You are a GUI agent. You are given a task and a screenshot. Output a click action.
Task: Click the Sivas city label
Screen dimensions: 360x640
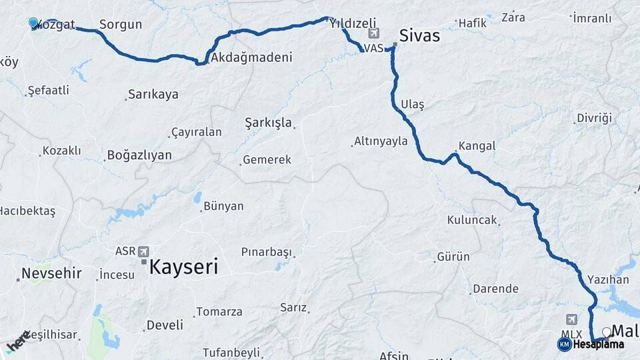(x=419, y=35)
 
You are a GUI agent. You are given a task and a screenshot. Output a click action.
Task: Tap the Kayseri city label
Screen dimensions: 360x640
(x=183, y=267)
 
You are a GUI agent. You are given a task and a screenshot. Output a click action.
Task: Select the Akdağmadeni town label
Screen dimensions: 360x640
(x=251, y=58)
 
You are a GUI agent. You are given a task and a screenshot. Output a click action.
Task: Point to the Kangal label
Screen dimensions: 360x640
(x=477, y=145)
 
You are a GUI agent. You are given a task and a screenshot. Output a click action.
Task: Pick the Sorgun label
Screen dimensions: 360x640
(x=121, y=25)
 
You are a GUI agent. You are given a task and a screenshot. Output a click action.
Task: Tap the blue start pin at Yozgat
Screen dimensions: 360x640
(x=33, y=23)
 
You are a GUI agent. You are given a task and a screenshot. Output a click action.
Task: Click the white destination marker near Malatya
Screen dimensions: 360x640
(x=606, y=331)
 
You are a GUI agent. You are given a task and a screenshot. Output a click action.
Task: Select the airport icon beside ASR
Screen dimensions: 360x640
(x=143, y=251)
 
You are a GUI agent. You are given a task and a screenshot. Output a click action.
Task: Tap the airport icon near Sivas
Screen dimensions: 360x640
(x=373, y=34)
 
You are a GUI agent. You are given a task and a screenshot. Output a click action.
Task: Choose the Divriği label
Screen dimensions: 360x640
(x=594, y=118)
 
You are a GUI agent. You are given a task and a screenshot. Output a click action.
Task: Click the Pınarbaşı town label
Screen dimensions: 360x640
(x=267, y=253)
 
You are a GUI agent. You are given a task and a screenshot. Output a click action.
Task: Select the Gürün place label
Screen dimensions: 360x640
(x=453, y=257)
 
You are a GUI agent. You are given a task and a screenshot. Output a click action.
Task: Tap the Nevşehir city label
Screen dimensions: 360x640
(x=51, y=273)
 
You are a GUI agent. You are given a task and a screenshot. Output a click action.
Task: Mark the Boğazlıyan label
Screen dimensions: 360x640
(x=139, y=155)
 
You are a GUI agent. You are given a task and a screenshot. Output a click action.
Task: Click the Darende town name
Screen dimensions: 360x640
(x=495, y=289)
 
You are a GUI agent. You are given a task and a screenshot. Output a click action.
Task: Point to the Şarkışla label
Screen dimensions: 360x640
(x=268, y=123)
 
